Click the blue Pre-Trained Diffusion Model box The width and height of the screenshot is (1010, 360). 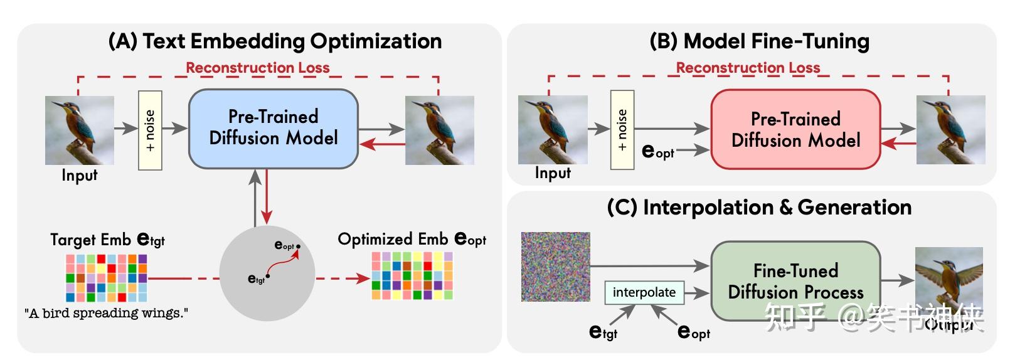pyautogui.click(x=273, y=129)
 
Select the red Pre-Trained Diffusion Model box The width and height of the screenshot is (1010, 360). pyautogui.click(x=795, y=129)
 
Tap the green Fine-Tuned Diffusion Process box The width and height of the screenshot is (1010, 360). pyautogui.click(x=795, y=281)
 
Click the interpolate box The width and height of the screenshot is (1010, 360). pyautogui.click(x=644, y=292)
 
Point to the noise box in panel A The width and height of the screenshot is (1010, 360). pyautogui.click(x=150, y=130)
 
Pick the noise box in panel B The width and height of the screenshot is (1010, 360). pyautogui.click(x=622, y=130)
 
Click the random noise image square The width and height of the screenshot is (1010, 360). pyautogui.click(x=555, y=267)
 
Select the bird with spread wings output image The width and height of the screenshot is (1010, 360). pyautogui.click(x=949, y=280)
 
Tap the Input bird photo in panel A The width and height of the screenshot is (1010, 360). pyautogui.click(x=80, y=130)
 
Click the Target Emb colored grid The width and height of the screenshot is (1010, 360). pyautogui.click(x=106, y=277)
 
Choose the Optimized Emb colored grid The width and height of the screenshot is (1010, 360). pyautogui.click(x=412, y=275)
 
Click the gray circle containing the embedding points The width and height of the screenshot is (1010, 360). pyautogui.click(x=267, y=273)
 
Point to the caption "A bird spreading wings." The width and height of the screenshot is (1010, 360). pyautogui.click(x=106, y=313)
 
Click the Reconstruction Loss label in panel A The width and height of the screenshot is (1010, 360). pyautogui.click(x=257, y=68)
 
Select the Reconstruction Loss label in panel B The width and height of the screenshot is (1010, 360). pyautogui.click(x=748, y=68)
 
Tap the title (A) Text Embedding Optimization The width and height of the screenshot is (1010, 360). pyautogui.click(x=275, y=41)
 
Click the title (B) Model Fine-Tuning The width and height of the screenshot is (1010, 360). pyautogui.click(x=759, y=41)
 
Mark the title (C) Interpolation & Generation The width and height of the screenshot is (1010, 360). pyautogui.click(x=759, y=208)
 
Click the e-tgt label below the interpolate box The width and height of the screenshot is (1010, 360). pyautogui.click(x=603, y=332)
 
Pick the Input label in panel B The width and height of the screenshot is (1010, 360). pyautogui.click(x=553, y=173)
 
